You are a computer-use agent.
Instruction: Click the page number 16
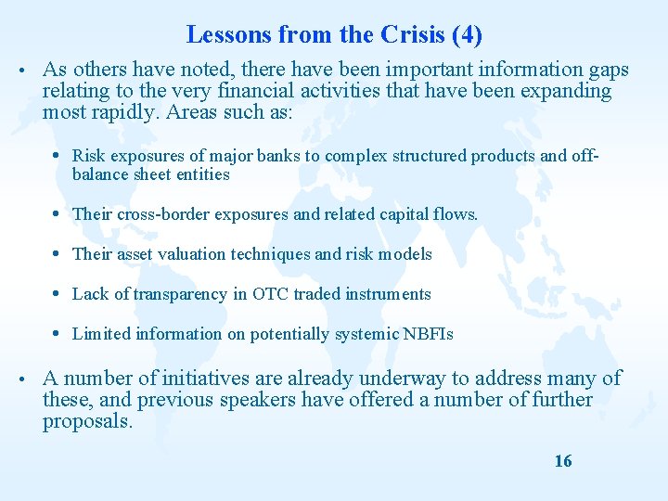point(562,461)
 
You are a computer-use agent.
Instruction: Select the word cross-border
point(164,214)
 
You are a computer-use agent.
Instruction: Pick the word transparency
point(181,294)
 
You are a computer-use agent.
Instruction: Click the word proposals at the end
point(87,421)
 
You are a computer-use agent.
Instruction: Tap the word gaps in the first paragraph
point(608,70)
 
